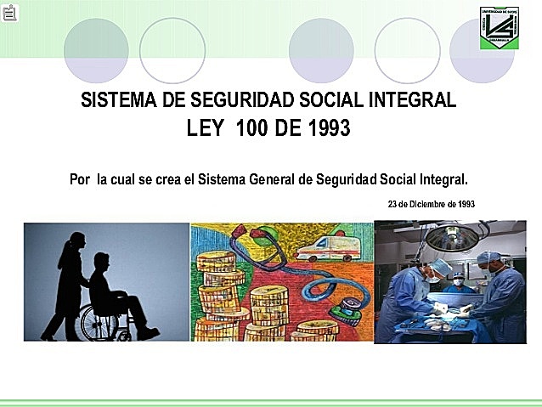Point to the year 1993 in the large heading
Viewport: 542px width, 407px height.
[328, 128]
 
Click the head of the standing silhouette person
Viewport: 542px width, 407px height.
[76, 241]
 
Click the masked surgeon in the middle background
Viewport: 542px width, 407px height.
[459, 280]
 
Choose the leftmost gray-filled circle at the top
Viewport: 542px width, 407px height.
[96, 49]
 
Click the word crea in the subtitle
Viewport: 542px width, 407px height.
[167, 180]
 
